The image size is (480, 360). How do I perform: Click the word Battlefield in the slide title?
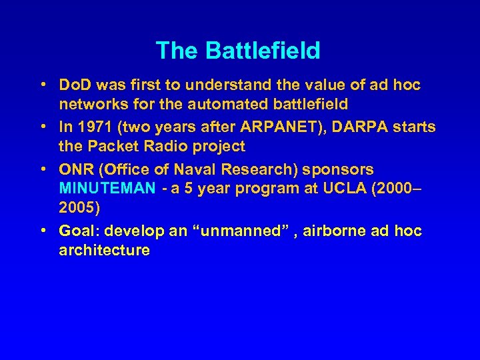pos(263,51)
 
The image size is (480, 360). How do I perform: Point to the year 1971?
pos(92,127)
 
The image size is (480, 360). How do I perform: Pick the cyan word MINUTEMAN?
pos(107,189)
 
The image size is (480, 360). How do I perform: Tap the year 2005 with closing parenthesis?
pos(79,208)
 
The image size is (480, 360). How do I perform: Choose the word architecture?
pos(104,250)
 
